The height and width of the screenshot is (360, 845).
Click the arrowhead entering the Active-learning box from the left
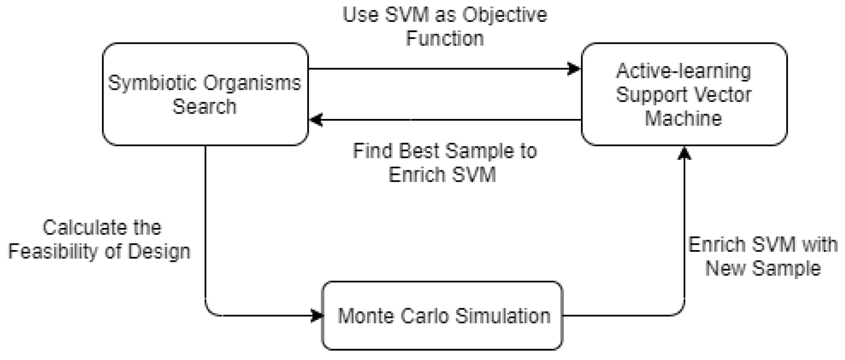point(574,69)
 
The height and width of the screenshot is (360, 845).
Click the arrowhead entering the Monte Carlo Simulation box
point(318,315)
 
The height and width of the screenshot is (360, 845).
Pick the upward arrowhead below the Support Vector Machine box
point(684,153)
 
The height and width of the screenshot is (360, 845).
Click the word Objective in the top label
point(505,15)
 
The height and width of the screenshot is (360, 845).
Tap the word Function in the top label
point(444,39)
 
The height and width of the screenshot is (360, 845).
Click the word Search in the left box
point(204,107)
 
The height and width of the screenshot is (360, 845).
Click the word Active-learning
point(683,71)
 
